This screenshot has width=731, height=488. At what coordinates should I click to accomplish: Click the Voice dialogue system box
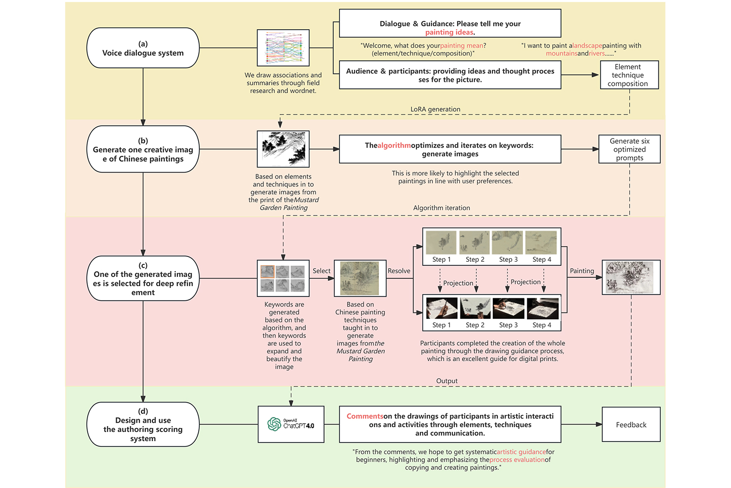click(x=143, y=48)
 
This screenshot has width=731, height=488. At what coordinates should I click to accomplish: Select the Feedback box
click(x=631, y=425)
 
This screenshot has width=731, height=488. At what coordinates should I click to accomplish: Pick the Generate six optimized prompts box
click(x=629, y=149)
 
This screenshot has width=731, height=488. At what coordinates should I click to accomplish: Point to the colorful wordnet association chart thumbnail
click(x=283, y=48)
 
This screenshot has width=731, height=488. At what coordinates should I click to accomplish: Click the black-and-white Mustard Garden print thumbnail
click(x=283, y=149)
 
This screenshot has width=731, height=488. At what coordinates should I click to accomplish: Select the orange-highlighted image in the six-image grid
click(x=267, y=272)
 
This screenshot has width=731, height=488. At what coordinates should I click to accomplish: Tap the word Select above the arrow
click(x=321, y=271)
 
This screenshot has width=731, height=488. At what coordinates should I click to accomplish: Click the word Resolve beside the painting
click(x=399, y=271)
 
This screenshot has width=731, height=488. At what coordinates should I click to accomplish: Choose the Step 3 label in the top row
click(x=508, y=260)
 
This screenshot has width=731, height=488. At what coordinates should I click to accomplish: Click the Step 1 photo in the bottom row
click(x=441, y=308)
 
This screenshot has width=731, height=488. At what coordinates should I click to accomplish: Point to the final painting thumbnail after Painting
click(x=631, y=277)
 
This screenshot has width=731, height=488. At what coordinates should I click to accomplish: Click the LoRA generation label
click(x=435, y=109)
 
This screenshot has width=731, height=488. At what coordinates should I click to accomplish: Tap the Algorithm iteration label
click(x=441, y=208)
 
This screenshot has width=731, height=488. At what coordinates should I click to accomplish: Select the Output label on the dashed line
click(x=447, y=381)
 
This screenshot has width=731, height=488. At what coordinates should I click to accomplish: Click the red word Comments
click(x=365, y=416)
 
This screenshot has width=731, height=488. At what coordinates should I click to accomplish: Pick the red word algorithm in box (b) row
click(x=394, y=145)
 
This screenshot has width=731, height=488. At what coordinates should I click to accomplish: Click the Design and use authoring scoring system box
click(x=143, y=425)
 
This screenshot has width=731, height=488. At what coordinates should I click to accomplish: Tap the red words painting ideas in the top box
click(x=449, y=32)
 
